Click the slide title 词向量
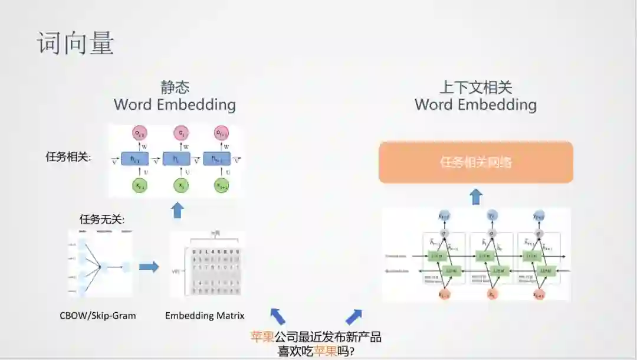75,44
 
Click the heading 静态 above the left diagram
175,87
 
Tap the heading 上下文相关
475,88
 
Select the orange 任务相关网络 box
475,162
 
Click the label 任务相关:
68,157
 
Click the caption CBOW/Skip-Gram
98,315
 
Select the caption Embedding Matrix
205,315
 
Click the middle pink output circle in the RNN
181,133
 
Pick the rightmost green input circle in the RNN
221,185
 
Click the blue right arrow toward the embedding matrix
149,267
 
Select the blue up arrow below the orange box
476,197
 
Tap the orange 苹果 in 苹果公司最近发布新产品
262,337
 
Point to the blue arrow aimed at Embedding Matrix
277,316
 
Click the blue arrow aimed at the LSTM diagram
354,316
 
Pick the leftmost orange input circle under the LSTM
444,293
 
